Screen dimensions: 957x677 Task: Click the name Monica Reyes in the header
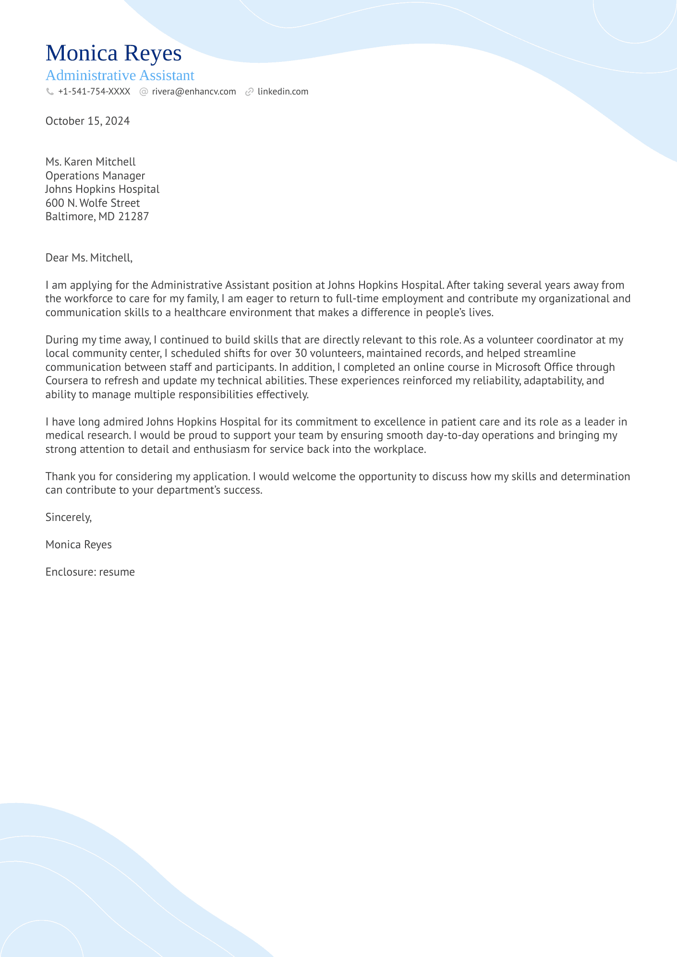click(x=113, y=53)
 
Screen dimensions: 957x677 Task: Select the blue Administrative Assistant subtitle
click(x=120, y=75)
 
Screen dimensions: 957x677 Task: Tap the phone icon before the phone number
click(x=49, y=92)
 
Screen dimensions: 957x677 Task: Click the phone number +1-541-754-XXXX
click(x=94, y=92)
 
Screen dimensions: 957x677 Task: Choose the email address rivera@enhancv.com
click(x=194, y=92)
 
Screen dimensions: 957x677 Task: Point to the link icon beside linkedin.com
click(x=249, y=92)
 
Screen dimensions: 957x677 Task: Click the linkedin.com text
click(x=283, y=92)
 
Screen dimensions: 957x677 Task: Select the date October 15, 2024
click(x=87, y=121)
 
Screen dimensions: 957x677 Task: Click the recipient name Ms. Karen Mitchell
click(x=90, y=162)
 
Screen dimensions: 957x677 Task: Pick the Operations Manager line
click(x=95, y=176)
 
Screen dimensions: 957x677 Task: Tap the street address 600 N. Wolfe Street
click(x=93, y=203)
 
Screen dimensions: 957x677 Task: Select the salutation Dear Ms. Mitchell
click(x=88, y=258)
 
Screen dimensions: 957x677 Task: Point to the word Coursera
click(x=66, y=381)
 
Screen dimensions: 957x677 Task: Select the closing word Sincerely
click(x=68, y=517)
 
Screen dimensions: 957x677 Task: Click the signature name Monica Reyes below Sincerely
click(x=78, y=544)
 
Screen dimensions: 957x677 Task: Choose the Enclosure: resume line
click(x=90, y=572)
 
